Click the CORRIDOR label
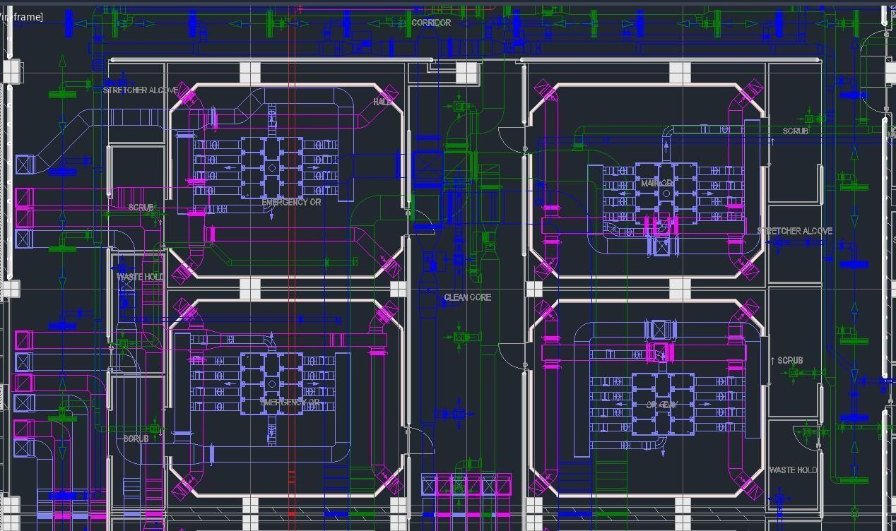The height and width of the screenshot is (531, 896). pos(431,23)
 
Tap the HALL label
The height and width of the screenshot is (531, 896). pos(382,102)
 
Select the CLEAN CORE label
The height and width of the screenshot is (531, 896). pos(467,297)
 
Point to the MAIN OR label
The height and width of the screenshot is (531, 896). pos(656,184)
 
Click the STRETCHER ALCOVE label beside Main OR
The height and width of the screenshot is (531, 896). pos(794,231)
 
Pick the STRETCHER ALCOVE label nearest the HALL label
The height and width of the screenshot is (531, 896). pos(141,90)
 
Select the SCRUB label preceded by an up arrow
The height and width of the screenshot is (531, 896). pos(789,360)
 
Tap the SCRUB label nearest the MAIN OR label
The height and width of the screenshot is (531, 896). pos(795,131)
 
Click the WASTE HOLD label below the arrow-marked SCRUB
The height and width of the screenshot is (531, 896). pos(792,470)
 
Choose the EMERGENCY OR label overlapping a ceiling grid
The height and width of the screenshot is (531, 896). pos(290,402)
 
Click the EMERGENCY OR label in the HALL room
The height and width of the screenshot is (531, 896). pos(290,203)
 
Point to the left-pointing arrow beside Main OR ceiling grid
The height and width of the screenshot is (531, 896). pos(622,193)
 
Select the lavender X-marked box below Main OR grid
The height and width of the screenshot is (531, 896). pos(662,246)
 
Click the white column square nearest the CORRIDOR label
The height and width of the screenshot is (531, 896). pos(466,72)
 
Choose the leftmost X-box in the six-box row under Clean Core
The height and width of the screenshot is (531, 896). pos(429,484)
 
